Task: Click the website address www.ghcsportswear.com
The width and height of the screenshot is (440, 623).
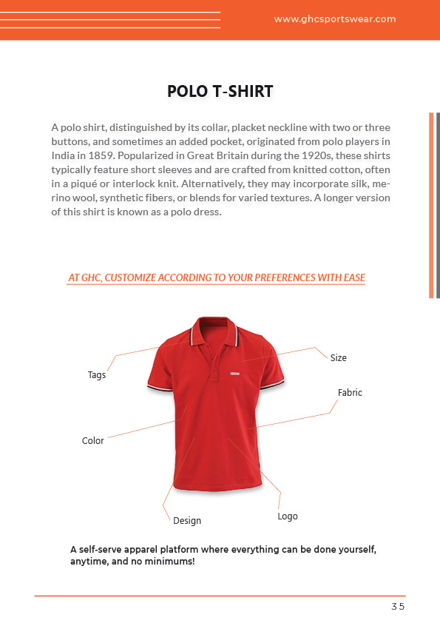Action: coord(335,20)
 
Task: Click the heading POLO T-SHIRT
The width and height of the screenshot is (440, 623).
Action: coord(220,92)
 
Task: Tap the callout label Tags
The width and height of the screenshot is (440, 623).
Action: coord(97,375)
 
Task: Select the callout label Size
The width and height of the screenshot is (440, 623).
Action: coord(339,358)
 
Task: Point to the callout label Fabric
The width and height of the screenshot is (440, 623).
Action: coord(350,393)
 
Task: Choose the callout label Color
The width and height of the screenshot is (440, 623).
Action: coord(93,441)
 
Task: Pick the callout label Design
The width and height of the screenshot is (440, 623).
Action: coord(187,521)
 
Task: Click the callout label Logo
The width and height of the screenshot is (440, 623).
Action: coord(288,516)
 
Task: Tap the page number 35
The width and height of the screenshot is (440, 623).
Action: coord(398,607)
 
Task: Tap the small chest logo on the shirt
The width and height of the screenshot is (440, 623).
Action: coord(234,372)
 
